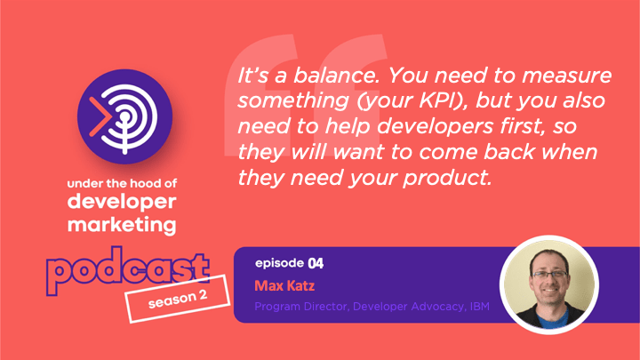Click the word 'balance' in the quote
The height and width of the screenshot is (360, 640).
pyautogui.click(x=336, y=76)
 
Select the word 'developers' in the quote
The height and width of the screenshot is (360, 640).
pyautogui.click(x=435, y=127)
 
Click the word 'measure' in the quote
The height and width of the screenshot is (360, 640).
pyautogui.click(x=566, y=76)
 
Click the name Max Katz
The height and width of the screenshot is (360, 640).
pyautogui.click(x=284, y=285)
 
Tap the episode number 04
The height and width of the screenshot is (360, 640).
pyautogui.click(x=316, y=263)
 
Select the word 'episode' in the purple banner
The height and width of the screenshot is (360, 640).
pyautogui.click(x=280, y=264)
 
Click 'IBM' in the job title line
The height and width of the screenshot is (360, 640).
pyautogui.click(x=480, y=307)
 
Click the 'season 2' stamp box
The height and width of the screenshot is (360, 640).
pyautogui.click(x=178, y=300)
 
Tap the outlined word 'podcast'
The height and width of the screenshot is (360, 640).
pyautogui.click(x=128, y=269)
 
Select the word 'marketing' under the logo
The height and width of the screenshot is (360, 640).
pyautogui.click(x=122, y=225)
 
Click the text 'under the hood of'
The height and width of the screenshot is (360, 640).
pyautogui.click(x=122, y=184)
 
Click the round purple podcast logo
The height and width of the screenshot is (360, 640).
pyautogui.click(x=125, y=116)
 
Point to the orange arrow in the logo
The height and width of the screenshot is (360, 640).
pyautogui.click(x=99, y=116)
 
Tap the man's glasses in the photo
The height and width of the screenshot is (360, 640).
pyautogui.click(x=549, y=275)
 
